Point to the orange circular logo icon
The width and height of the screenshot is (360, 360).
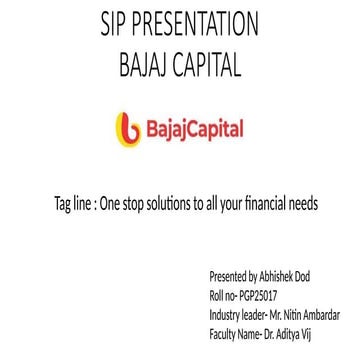(x=129, y=130)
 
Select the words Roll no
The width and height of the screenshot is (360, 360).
(x=221, y=295)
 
